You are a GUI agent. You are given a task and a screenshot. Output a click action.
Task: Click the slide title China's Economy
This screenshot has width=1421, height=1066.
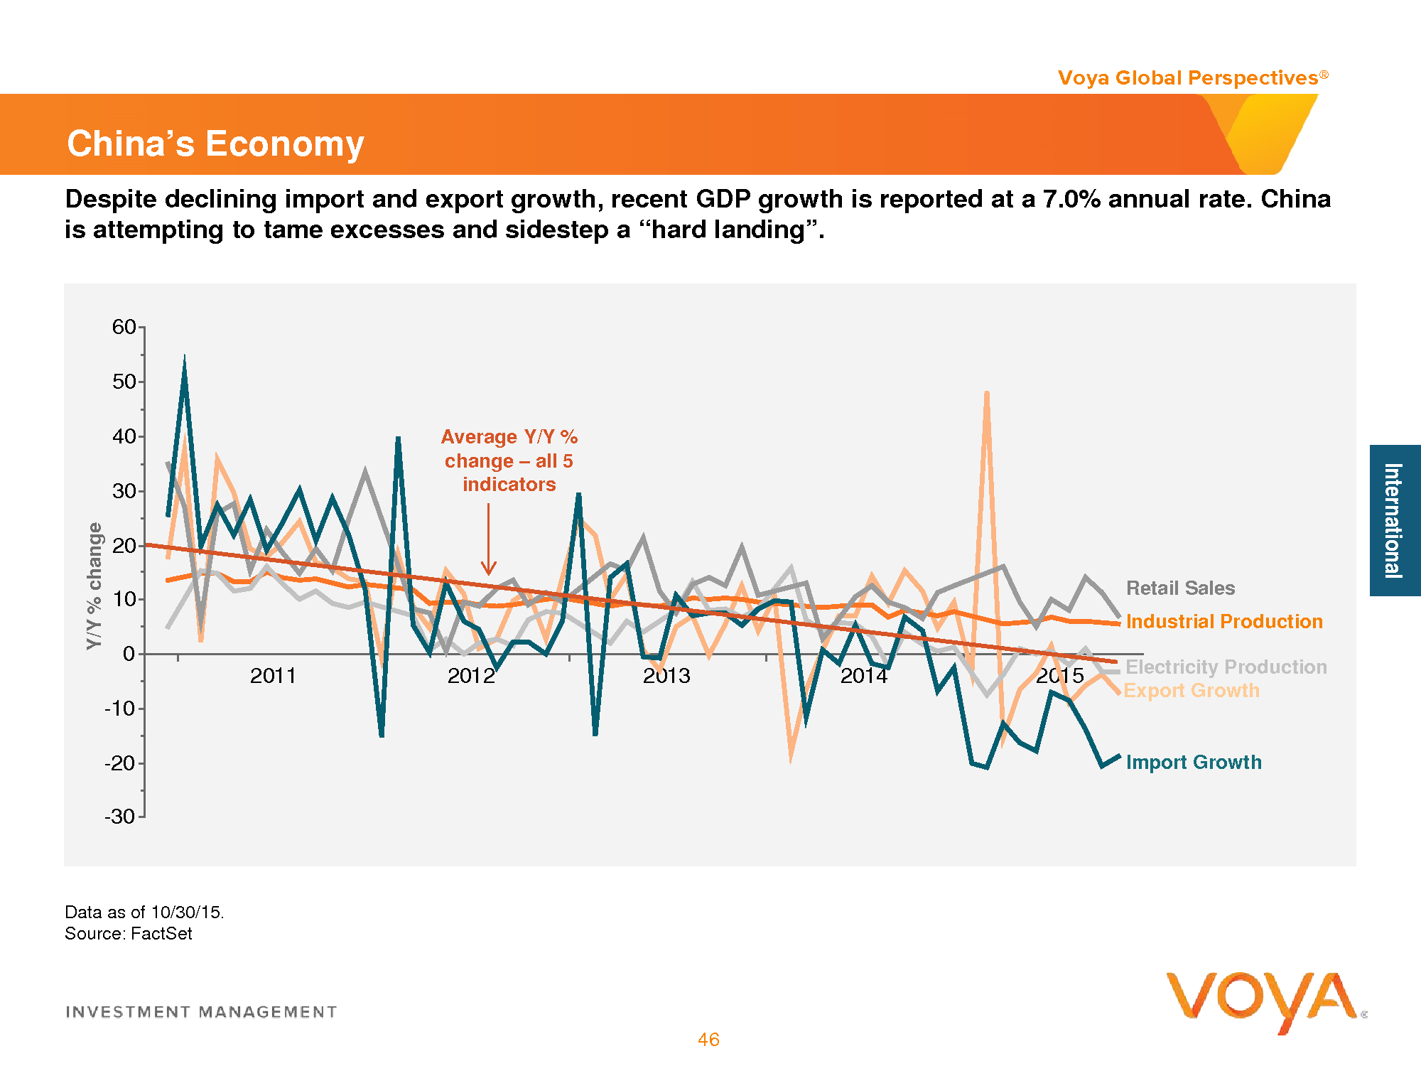point(215,144)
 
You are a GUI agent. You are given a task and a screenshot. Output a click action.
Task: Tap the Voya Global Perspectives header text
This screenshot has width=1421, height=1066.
point(1187,77)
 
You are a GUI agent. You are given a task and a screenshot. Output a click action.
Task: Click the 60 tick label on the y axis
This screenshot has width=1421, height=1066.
point(124,327)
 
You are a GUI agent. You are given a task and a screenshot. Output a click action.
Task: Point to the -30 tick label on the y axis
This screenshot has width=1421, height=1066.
point(119,817)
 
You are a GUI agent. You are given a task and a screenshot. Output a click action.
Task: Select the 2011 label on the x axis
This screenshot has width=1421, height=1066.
point(273,676)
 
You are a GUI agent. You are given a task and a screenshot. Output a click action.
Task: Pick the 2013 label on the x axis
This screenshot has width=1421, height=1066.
point(666,676)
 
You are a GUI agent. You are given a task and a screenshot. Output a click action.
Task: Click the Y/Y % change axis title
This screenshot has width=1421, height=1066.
point(94,586)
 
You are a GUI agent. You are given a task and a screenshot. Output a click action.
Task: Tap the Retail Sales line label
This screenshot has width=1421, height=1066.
point(1180,588)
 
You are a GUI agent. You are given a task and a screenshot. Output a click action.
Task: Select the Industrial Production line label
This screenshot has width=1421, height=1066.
point(1224,622)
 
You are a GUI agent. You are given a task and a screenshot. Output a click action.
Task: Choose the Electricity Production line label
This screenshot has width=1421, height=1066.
point(1226,667)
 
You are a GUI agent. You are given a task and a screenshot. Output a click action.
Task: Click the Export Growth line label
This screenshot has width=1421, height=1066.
point(1192,691)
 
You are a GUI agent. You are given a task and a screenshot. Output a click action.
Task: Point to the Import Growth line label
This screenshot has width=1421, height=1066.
point(1194,763)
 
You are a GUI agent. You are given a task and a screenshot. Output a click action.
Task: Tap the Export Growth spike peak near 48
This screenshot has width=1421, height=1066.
point(987,393)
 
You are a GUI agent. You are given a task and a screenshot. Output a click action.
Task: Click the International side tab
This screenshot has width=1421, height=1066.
point(1394,520)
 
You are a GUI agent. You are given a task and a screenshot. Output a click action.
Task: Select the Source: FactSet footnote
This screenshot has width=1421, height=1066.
point(129,934)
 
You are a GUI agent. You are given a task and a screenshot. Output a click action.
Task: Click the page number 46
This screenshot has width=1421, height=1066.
point(708,1040)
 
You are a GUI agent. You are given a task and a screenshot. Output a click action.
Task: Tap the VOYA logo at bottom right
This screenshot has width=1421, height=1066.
point(1263,1001)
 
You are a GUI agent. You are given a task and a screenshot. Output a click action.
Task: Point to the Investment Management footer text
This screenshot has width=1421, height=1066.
point(201,1012)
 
